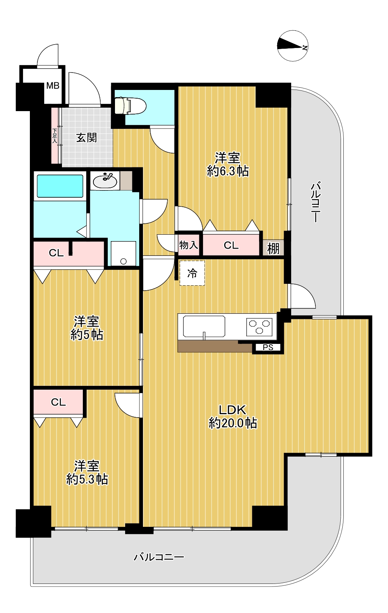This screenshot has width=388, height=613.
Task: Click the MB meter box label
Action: pos(53,86)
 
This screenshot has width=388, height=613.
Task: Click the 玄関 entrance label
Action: pos(87,138)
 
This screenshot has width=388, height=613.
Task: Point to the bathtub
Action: pos(60,186)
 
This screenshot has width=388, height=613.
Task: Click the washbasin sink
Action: pos(105,181)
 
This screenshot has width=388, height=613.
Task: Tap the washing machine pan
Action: pos(124,254)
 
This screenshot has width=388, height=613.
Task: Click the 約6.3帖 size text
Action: pos(228,172)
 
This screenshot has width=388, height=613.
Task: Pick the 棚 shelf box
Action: pos(273,248)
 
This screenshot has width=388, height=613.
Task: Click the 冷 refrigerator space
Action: pos(192,273)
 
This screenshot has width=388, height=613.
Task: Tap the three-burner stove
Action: pos(259,327)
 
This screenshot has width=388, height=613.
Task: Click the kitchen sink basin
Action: pos(204,326)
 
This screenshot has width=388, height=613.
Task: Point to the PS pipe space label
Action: pos(268,347)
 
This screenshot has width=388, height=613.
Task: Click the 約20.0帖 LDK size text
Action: pos(233,423)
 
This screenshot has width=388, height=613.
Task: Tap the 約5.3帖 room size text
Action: pos(87,479)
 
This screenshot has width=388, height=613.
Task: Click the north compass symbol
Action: pos(293,46)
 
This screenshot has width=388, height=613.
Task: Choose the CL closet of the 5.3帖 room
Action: pos(58,402)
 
